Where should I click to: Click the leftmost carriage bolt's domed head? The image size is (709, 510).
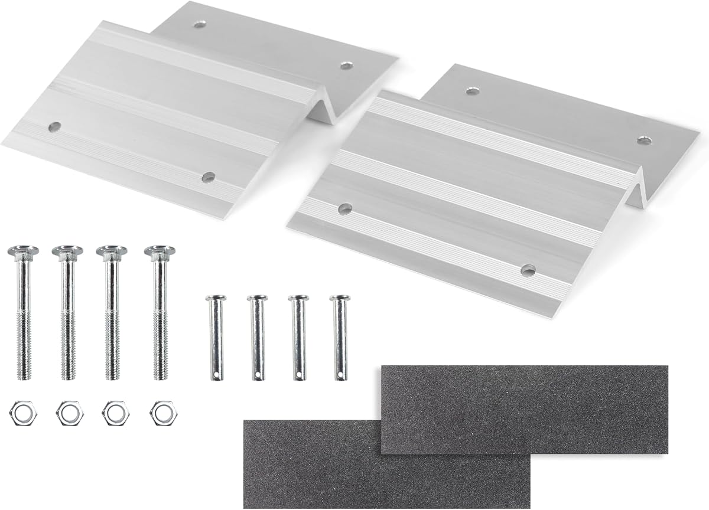point(23,251)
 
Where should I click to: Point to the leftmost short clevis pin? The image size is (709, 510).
point(216,336)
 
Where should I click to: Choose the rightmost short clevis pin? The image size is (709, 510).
point(340,336)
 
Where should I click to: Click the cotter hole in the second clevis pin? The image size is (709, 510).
point(258,373)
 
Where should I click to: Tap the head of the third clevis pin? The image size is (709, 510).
point(298,298)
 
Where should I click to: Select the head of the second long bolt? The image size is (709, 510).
point(67,251)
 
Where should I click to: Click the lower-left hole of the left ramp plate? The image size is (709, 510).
point(54,126)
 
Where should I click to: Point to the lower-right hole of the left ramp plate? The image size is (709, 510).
point(208,176)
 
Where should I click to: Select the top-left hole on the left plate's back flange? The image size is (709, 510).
point(200,25)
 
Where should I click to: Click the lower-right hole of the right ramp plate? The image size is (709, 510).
point(528,270)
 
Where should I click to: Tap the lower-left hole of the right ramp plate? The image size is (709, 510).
point(345,208)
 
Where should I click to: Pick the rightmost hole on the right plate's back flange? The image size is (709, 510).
point(643,140)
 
